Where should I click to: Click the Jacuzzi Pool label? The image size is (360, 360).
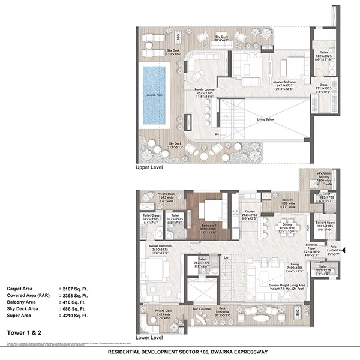click(x=155, y=95)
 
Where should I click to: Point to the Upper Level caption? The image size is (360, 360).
click(x=149, y=169)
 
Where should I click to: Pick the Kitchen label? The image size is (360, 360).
click(x=248, y=212)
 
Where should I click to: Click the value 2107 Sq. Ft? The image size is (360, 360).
click(x=74, y=289)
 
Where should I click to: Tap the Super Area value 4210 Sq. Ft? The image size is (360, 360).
click(x=74, y=315)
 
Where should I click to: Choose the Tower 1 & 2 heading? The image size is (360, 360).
click(x=23, y=331)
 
